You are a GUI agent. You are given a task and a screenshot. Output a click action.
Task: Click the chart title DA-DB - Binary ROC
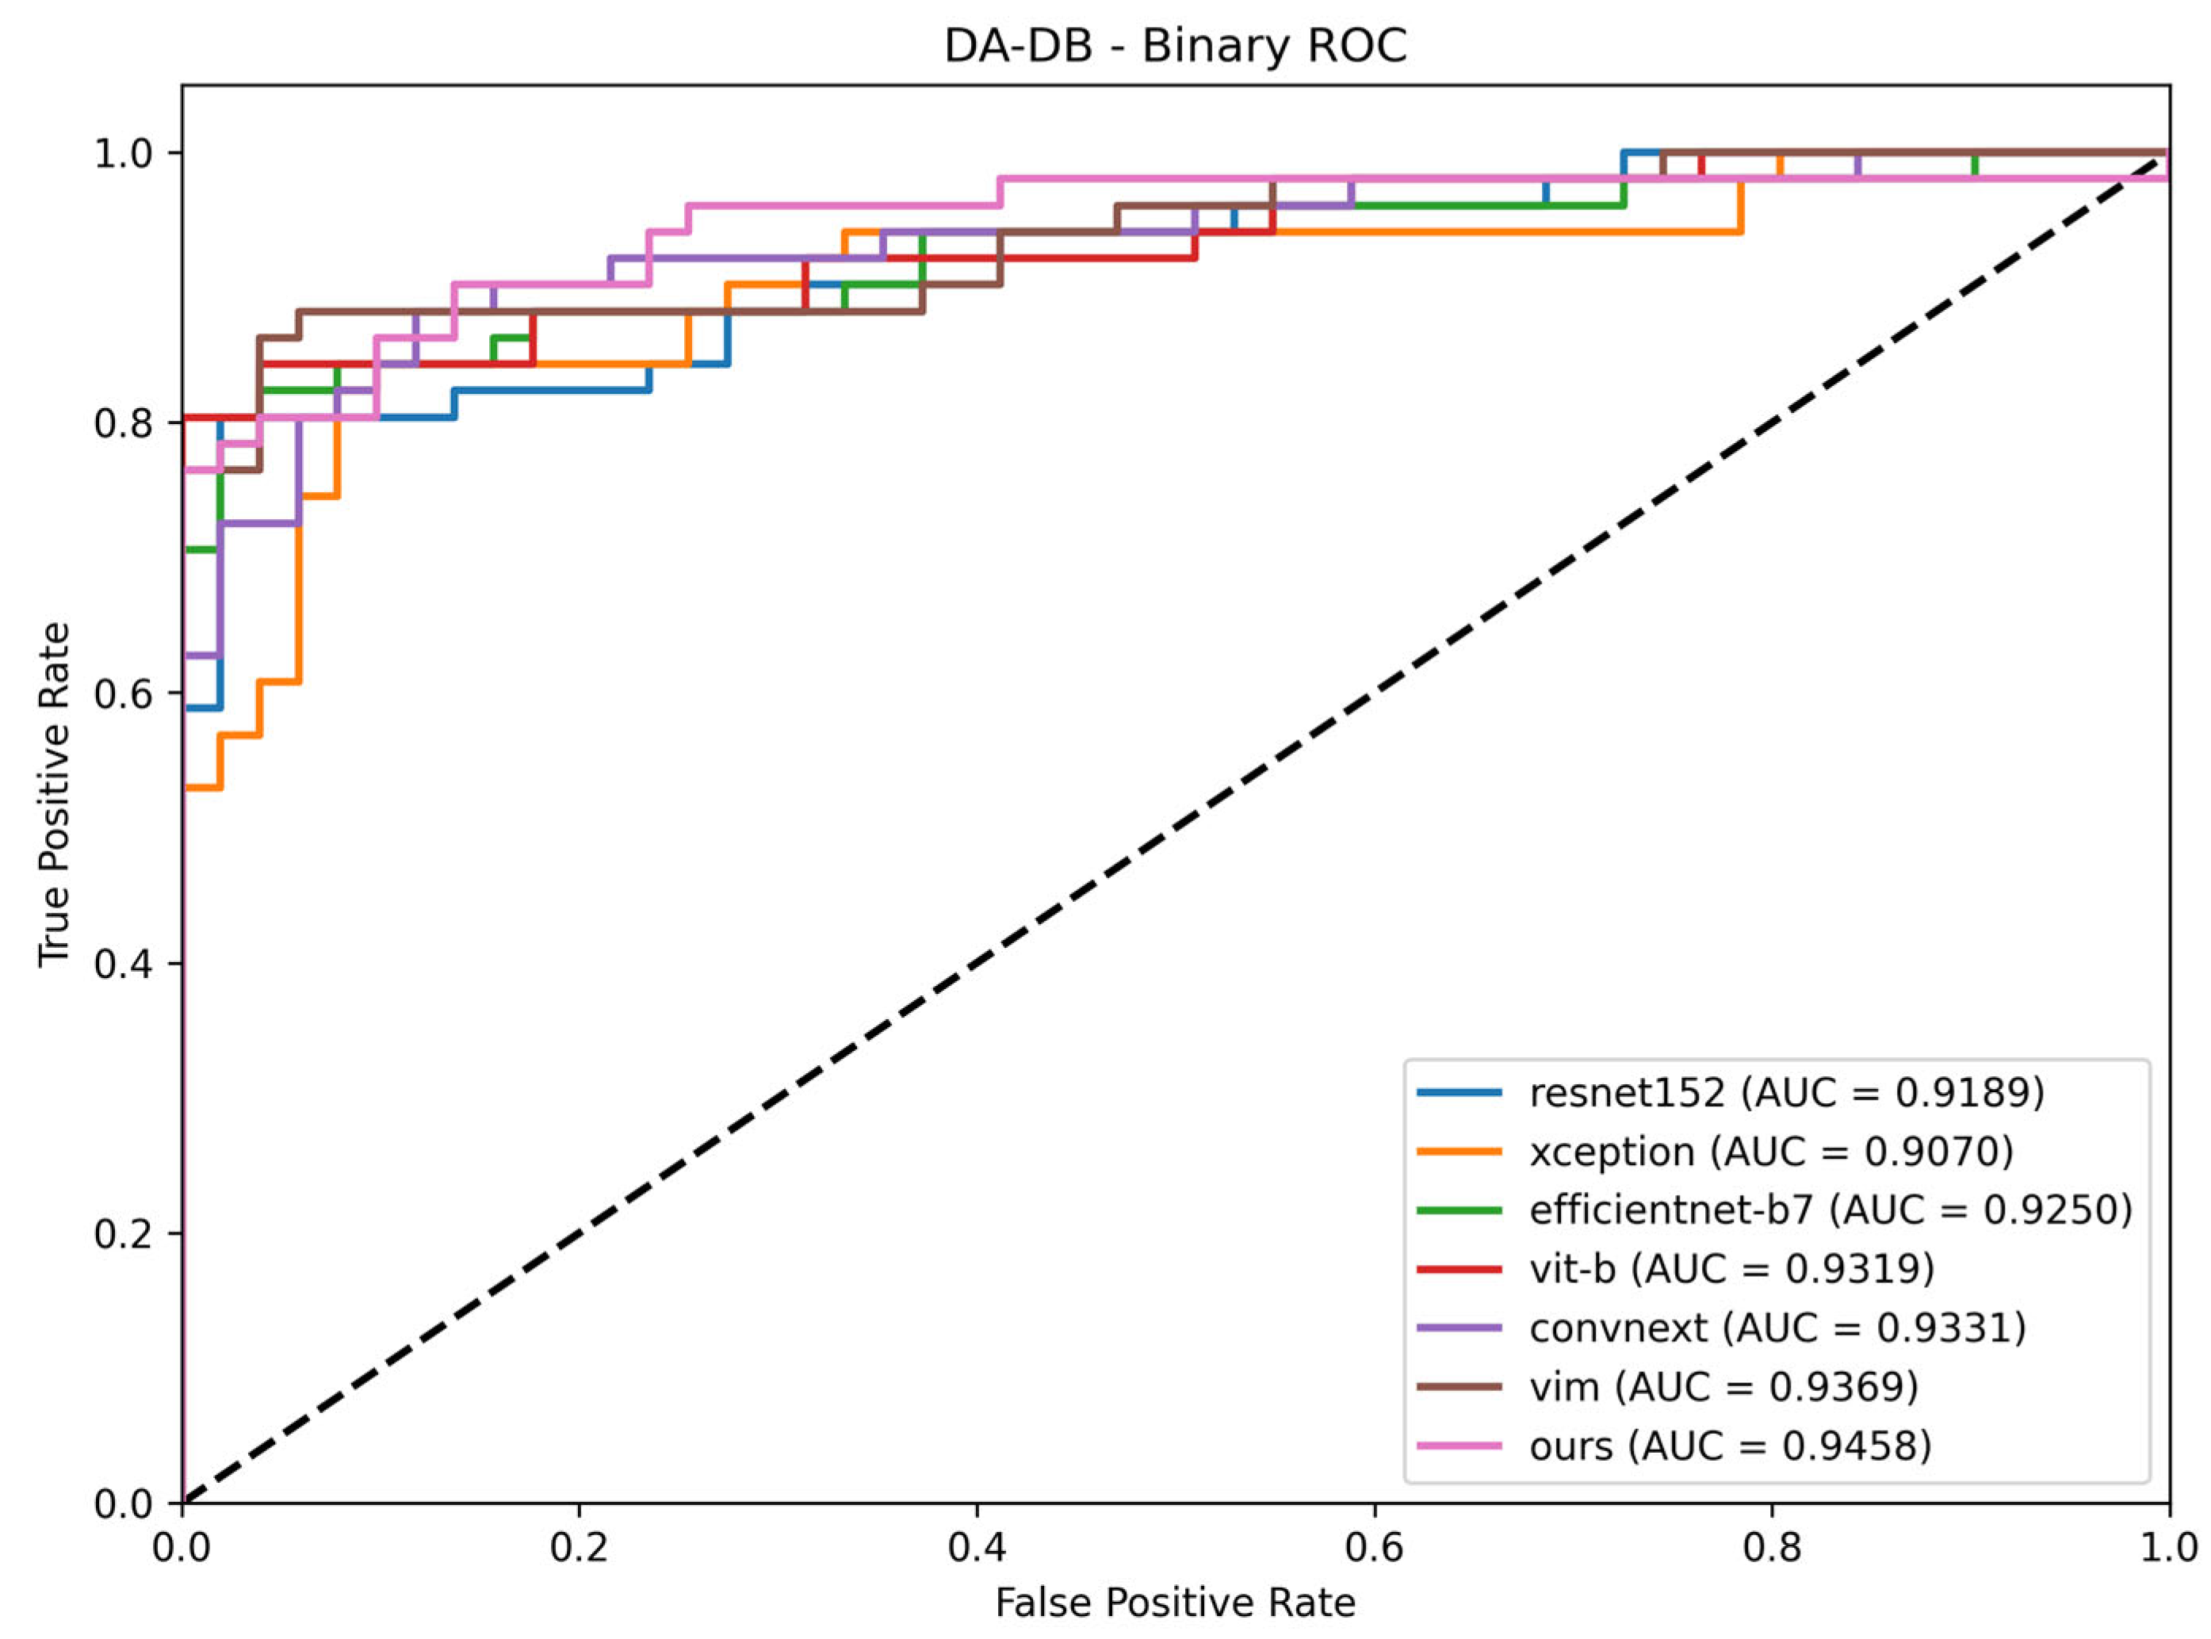coord(1175,46)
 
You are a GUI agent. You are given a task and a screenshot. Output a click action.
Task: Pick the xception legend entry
coord(1715,1151)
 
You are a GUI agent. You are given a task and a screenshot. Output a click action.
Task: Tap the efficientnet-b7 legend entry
coord(1774,1209)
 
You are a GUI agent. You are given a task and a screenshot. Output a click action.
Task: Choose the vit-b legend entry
coord(1676,1268)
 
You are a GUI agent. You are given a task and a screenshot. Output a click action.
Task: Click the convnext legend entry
coord(1722,1328)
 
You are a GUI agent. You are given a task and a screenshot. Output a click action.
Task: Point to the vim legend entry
coord(1668,1386)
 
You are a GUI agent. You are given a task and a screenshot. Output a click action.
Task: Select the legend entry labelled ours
coord(1675,1446)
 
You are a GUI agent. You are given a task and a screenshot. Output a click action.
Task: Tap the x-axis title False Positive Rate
coord(1175,1603)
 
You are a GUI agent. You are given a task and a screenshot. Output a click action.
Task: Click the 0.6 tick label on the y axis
coord(124,693)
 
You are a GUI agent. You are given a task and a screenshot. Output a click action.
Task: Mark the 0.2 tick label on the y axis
coord(124,1233)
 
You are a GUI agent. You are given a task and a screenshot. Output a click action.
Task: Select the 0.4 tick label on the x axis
coord(977,1548)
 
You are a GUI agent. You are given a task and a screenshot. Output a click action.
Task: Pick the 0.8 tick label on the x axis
coord(1771,1548)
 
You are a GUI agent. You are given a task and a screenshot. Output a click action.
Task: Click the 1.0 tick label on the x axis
coord(2168,1548)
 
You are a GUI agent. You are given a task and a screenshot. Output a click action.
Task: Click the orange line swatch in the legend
coord(1459,1152)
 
